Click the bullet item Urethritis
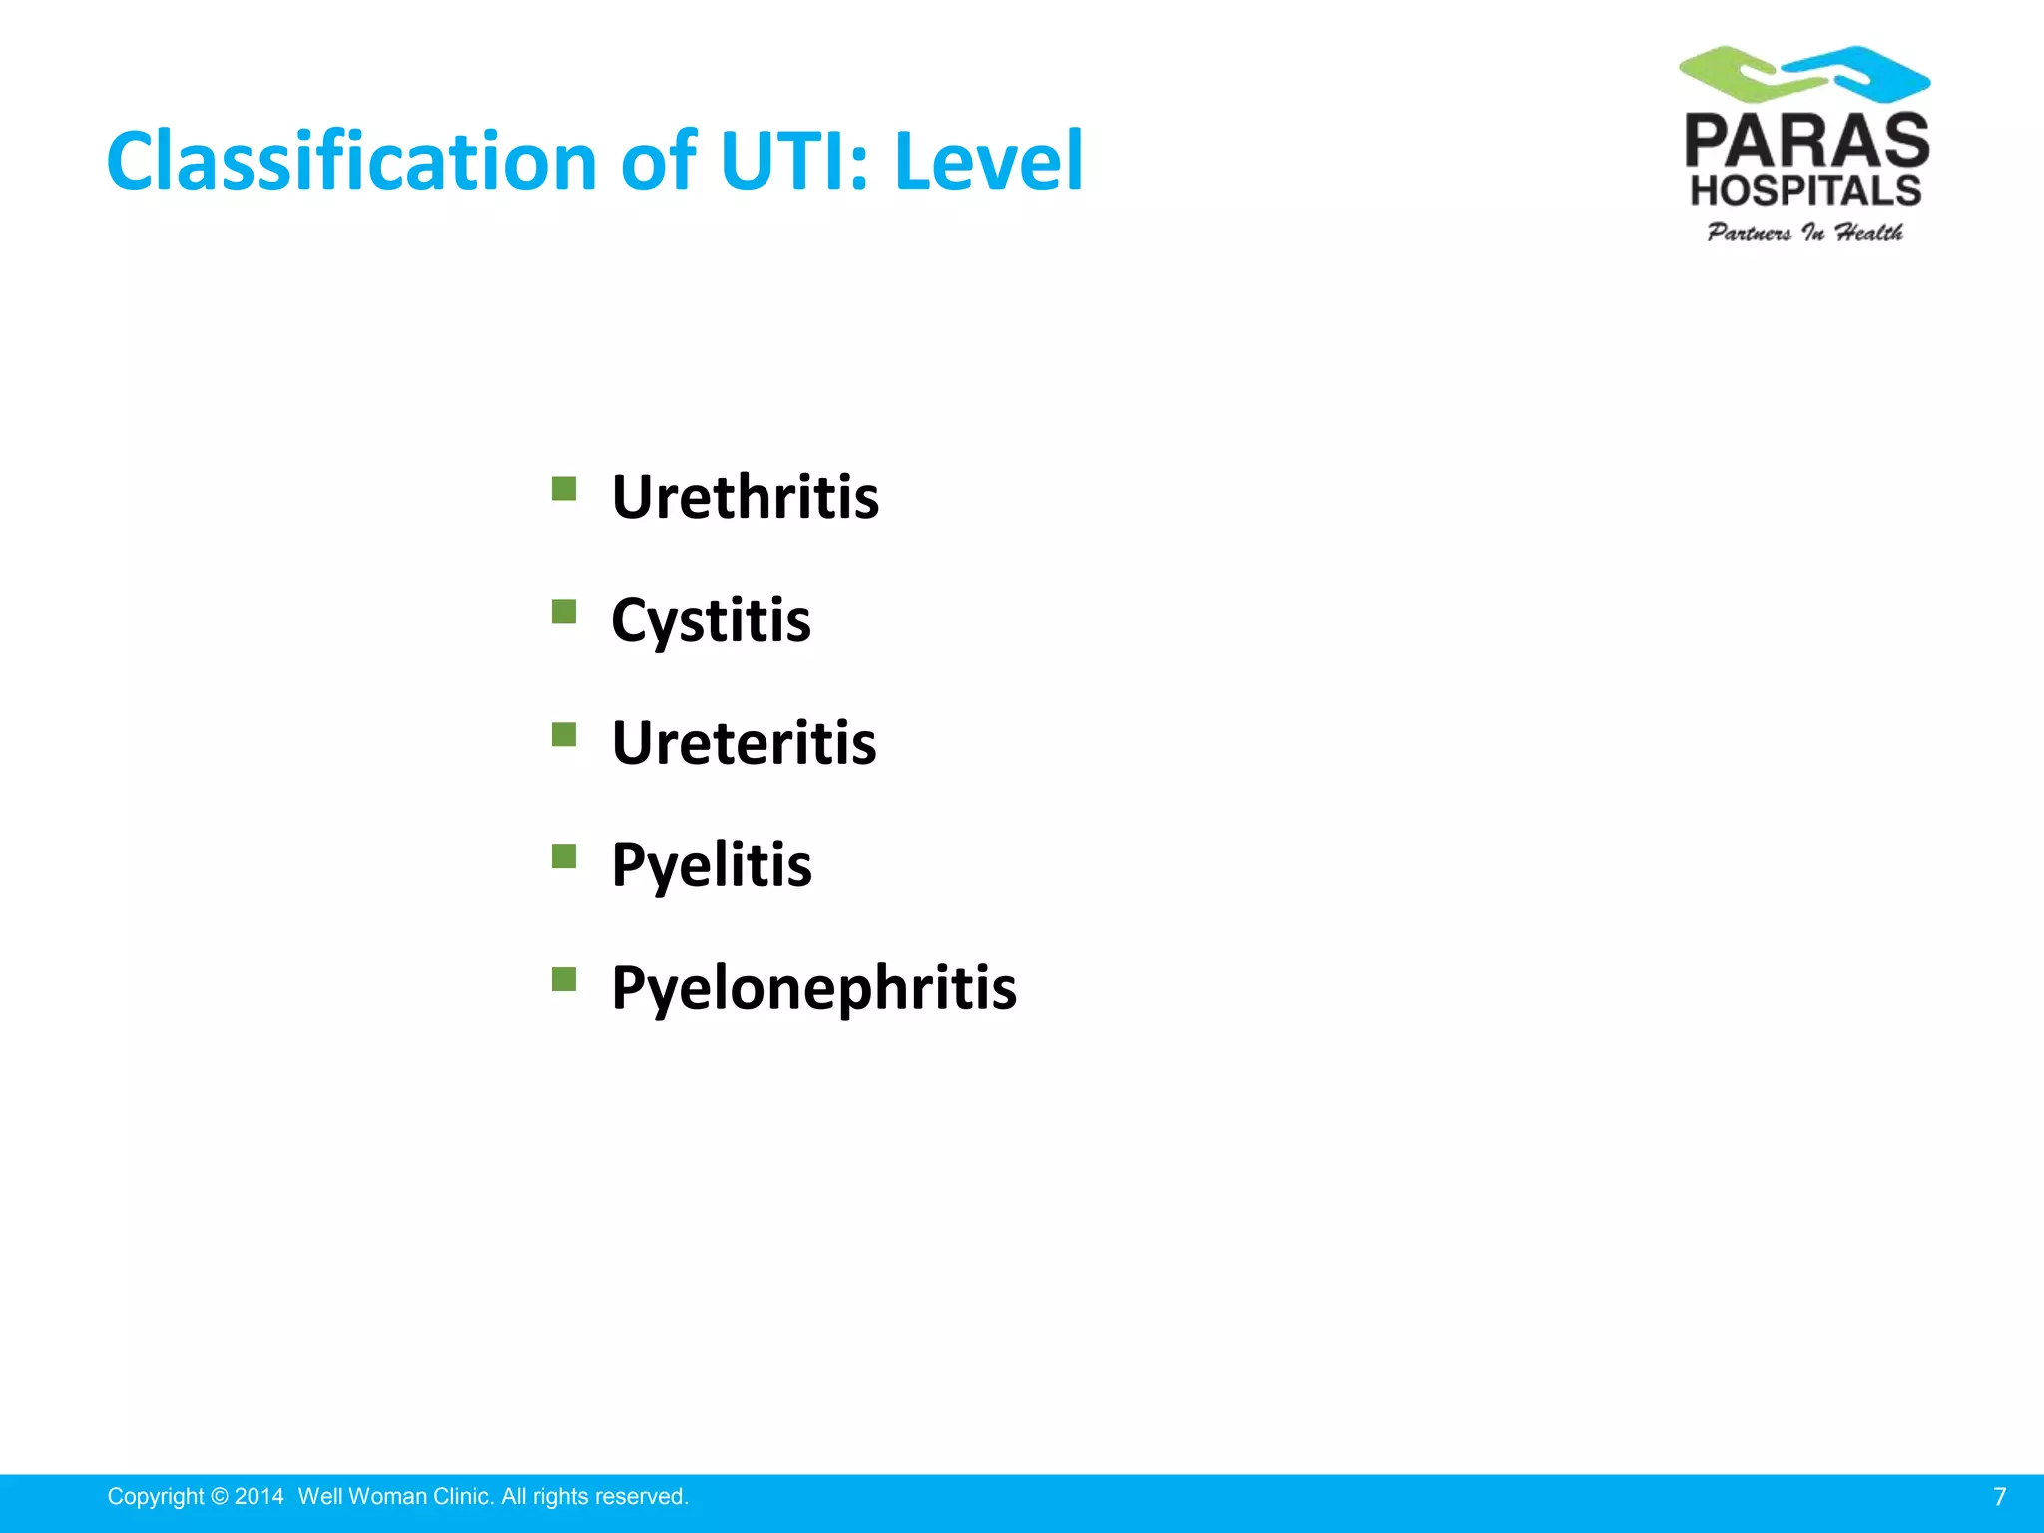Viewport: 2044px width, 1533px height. [x=745, y=496]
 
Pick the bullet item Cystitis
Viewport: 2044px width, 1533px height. [x=711, y=619]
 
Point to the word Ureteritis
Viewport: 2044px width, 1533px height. [x=744, y=743]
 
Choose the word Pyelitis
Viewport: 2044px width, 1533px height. [x=711, y=864]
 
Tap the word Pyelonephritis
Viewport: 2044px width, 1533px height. [x=813, y=987]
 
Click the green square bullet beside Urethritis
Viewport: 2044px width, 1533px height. [x=564, y=488]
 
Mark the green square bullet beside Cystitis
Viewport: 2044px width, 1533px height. [x=564, y=611]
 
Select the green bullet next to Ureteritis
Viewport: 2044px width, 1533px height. [x=564, y=735]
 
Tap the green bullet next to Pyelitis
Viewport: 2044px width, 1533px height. [x=564, y=856]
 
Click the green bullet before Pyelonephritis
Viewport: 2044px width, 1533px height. [x=564, y=979]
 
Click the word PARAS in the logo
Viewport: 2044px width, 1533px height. [x=1806, y=142]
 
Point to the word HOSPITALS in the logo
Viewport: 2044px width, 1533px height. [x=1804, y=190]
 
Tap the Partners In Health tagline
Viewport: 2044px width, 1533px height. [x=1804, y=232]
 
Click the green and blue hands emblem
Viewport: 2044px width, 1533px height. [x=1804, y=74]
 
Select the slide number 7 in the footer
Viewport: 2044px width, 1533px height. [x=1999, y=1497]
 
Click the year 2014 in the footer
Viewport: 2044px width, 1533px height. [x=258, y=1497]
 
